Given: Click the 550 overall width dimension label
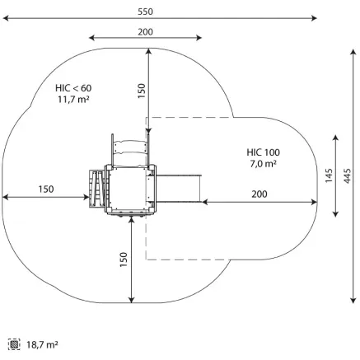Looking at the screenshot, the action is [x=145, y=12].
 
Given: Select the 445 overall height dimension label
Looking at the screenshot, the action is [x=347, y=175].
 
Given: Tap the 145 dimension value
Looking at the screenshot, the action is [x=329, y=175].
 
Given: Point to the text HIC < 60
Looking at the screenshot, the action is [x=73, y=88].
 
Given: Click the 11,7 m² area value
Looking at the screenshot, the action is [x=73, y=99].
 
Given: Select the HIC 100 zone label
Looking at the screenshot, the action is [x=263, y=152].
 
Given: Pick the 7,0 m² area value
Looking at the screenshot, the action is [x=263, y=164].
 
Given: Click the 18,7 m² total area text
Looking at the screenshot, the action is [x=42, y=344].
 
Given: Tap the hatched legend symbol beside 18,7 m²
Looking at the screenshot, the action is [x=14, y=344].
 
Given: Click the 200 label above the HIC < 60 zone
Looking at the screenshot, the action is [x=145, y=32].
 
